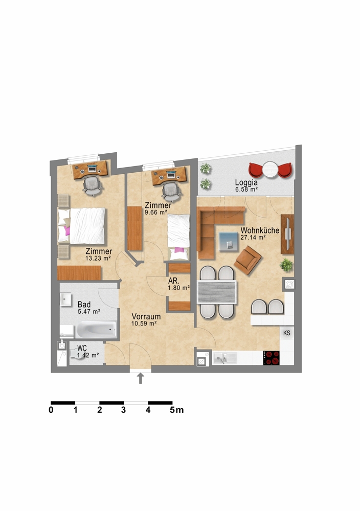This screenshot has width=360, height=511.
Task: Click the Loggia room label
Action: tap(246, 183)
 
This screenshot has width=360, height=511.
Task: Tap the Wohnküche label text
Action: tap(260, 230)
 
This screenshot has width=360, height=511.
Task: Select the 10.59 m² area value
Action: tap(144, 323)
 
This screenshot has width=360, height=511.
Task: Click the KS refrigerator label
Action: tap(287, 333)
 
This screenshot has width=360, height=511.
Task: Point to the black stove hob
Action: tap(272, 358)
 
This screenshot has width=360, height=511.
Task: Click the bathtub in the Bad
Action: tap(96, 330)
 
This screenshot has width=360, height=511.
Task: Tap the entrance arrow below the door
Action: tap(141, 378)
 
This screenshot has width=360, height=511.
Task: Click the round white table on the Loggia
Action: tap(269, 170)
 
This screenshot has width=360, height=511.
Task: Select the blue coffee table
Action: tap(228, 242)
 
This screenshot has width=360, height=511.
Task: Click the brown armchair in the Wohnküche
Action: tap(247, 260)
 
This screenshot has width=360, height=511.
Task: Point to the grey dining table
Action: tap(216, 292)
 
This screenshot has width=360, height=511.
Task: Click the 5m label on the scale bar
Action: tap(177, 410)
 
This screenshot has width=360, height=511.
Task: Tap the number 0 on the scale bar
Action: tap(51, 410)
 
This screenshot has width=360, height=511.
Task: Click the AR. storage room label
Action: tap(173, 281)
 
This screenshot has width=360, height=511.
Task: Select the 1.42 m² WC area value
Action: tap(88, 356)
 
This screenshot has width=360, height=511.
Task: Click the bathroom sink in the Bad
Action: tap(65, 299)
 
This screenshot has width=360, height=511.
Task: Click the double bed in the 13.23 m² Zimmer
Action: tap(82, 226)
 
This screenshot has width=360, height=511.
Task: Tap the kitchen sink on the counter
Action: tap(225, 359)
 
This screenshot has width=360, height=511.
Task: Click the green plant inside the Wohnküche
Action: tap(286, 265)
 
